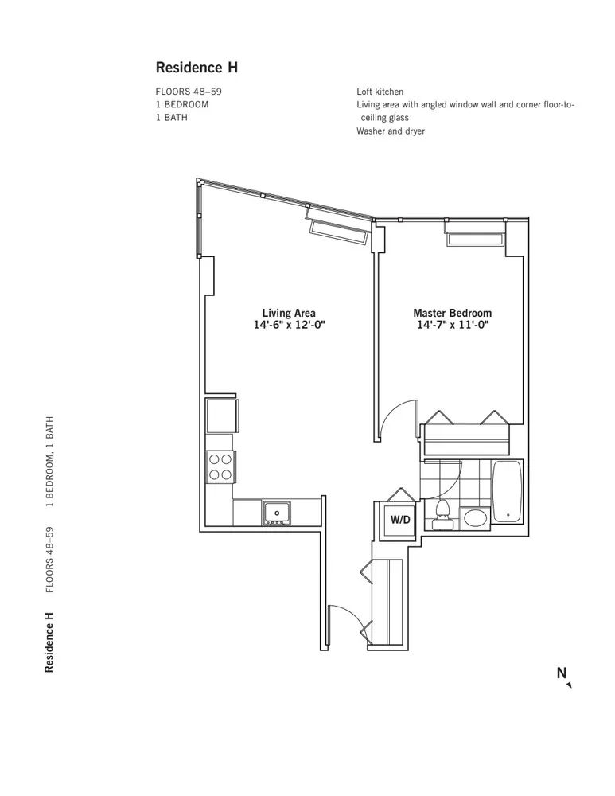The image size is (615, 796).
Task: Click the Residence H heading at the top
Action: click(x=197, y=68)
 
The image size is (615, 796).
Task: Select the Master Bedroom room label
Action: click(x=452, y=313)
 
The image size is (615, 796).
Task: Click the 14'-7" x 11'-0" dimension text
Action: click(x=452, y=325)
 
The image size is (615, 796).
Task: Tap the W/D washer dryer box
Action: click(x=399, y=520)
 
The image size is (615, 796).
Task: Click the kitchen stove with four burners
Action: click(x=220, y=466)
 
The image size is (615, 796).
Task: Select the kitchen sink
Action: click(x=277, y=513)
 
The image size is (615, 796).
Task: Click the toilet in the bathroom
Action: click(x=443, y=515)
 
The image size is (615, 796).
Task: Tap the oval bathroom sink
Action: click(x=475, y=520)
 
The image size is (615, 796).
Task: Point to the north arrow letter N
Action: click(x=562, y=673)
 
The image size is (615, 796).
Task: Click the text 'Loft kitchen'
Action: click(x=380, y=92)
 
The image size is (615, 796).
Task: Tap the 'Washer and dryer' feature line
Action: click(x=391, y=131)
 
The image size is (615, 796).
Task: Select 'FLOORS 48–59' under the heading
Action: click(x=189, y=92)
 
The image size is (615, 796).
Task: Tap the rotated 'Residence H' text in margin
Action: click(x=49, y=642)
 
